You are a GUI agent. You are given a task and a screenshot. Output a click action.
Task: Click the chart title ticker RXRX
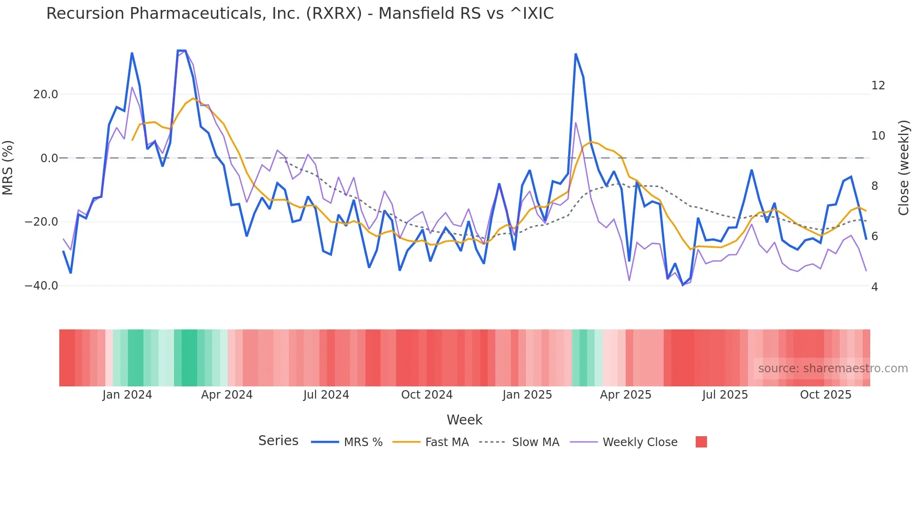(x=334, y=14)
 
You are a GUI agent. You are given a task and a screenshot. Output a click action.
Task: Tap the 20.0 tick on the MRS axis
(x=46, y=94)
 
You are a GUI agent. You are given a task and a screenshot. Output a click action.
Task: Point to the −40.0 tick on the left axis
(x=41, y=286)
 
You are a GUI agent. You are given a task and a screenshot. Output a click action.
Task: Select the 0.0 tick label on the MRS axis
(x=49, y=158)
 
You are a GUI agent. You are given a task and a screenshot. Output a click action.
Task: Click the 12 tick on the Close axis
(x=878, y=86)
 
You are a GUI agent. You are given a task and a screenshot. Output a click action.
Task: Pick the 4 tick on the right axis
(x=874, y=287)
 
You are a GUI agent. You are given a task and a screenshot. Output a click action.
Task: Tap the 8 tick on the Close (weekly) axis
(x=874, y=186)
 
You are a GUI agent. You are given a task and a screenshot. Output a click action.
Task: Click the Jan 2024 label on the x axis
(x=127, y=395)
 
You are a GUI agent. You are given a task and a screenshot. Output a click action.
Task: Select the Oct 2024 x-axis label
(x=427, y=395)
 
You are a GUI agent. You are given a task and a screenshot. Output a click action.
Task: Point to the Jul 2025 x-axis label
(x=725, y=395)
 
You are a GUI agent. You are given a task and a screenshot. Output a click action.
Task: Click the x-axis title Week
(x=464, y=420)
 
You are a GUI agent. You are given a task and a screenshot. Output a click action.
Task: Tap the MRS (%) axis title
(x=8, y=167)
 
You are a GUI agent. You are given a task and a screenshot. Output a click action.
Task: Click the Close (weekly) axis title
(x=903, y=168)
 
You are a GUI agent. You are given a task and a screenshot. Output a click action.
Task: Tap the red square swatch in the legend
(x=701, y=442)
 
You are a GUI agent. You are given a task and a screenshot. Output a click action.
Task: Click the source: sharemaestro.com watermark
(x=833, y=369)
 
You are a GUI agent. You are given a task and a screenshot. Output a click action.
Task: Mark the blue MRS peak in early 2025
(x=576, y=55)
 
